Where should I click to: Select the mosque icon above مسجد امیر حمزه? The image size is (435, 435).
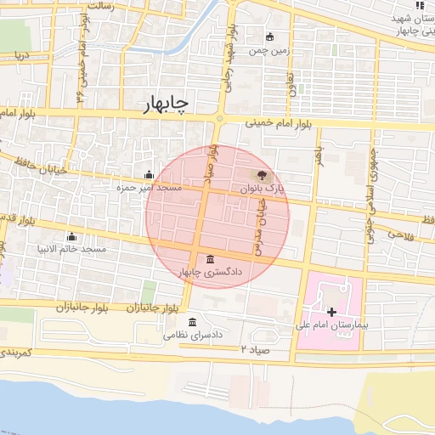point(150,174)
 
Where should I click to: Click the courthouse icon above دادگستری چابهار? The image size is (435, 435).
point(210,258)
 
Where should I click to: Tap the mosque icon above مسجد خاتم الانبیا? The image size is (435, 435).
point(71,236)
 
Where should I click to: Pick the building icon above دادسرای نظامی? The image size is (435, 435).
point(193,323)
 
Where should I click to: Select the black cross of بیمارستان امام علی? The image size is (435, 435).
point(331,313)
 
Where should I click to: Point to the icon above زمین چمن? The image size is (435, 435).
point(270,37)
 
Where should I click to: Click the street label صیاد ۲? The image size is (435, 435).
point(254,349)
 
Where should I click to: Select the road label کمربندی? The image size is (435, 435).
point(17,351)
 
